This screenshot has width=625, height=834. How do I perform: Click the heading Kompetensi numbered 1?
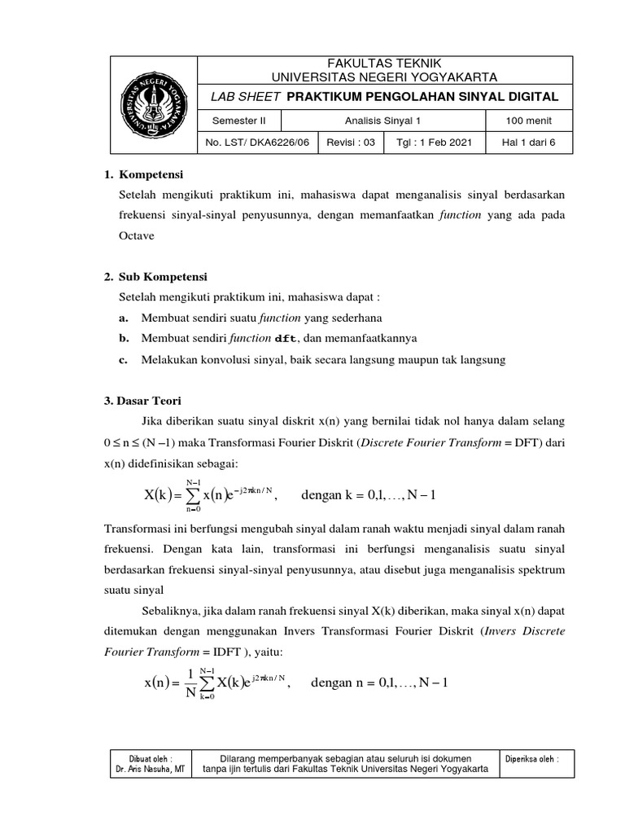(x=151, y=175)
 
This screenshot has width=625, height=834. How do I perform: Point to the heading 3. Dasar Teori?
(x=142, y=401)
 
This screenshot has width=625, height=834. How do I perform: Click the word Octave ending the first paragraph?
(x=136, y=236)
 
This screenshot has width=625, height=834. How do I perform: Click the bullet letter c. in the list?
(x=124, y=359)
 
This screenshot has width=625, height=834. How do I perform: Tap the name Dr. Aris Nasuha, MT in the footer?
(x=151, y=770)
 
